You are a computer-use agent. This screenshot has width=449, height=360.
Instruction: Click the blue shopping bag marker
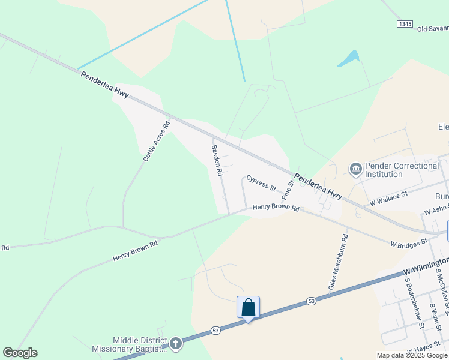248,308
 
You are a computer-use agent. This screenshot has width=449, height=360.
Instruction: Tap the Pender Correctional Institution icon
355,170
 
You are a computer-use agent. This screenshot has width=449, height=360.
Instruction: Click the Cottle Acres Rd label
157,142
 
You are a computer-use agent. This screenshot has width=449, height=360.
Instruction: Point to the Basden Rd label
217,160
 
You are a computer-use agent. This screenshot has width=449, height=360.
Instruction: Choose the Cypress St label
261,184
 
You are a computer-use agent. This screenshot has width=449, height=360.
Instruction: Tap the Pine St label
288,189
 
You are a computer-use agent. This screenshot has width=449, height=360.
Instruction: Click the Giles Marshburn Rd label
338,259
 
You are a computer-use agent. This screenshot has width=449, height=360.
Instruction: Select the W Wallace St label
388,199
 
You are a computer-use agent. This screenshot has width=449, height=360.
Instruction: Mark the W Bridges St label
408,243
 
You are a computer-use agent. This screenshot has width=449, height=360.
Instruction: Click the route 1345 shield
405,23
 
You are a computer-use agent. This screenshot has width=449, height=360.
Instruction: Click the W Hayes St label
429,349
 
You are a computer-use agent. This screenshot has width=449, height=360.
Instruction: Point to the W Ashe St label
436,210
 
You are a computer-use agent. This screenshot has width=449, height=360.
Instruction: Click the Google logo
20,353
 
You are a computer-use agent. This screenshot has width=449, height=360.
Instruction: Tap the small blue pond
348,58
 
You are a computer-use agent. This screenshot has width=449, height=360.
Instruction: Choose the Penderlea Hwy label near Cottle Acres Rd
104,84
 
